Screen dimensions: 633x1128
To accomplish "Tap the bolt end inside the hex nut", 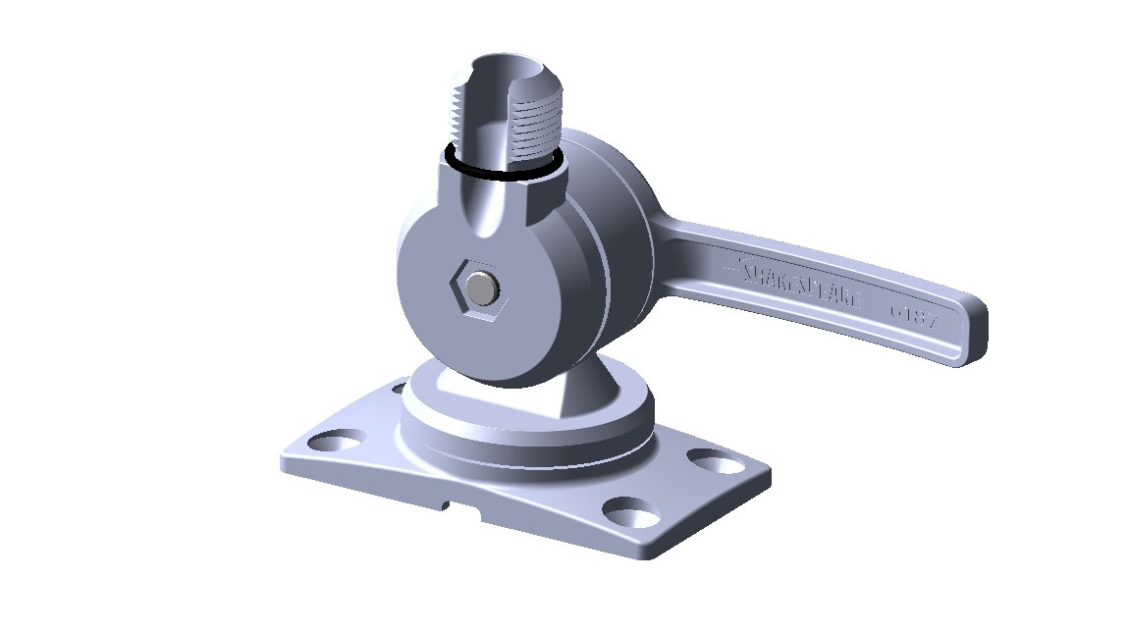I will click(479, 288).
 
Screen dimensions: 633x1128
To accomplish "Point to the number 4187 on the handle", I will click(913, 317).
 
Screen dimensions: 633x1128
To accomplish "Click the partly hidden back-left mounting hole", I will click(398, 389).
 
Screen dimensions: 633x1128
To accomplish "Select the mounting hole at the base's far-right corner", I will click(715, 458).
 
